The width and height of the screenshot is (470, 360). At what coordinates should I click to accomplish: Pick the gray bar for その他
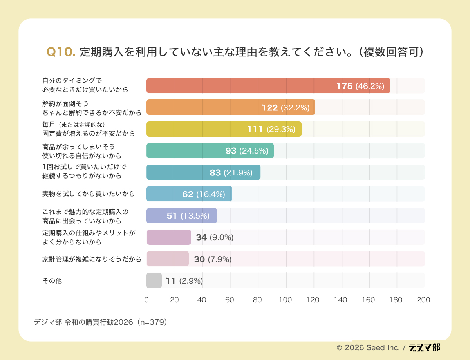(x=154, y=280)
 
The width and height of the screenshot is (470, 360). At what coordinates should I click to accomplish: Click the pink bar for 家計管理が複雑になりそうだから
(x=168, y=259)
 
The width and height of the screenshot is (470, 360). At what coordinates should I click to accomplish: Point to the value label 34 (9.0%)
(x=215, y=237)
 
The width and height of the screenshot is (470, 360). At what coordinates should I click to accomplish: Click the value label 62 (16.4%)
(x=204, y=194)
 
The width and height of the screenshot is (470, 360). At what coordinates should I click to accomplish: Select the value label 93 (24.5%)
(x=247, y=151)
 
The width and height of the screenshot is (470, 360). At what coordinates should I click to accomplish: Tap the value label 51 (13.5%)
(x=188, y=216)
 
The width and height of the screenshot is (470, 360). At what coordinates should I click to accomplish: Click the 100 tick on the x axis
(x=285, y=300)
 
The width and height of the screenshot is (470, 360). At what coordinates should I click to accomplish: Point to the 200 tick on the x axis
(x=423, y=300)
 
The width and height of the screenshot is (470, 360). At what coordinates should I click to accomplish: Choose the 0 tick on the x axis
(x=146, y=300)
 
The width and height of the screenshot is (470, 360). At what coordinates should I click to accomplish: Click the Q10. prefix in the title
(x=61, y=52)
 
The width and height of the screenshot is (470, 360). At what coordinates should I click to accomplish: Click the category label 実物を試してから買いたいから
(x=89, y=194)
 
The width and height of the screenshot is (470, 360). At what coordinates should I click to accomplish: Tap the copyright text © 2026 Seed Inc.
(x=368, y=347)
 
